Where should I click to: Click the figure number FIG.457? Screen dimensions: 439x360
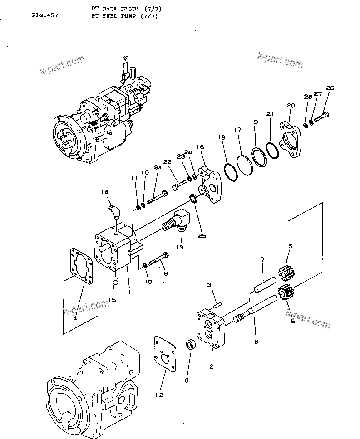(44, 15)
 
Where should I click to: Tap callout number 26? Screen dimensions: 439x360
(330, 88)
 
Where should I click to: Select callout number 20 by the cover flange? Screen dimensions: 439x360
(291, 106)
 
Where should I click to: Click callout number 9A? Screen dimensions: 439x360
(157, 168)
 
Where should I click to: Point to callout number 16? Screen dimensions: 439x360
(200, 147)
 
